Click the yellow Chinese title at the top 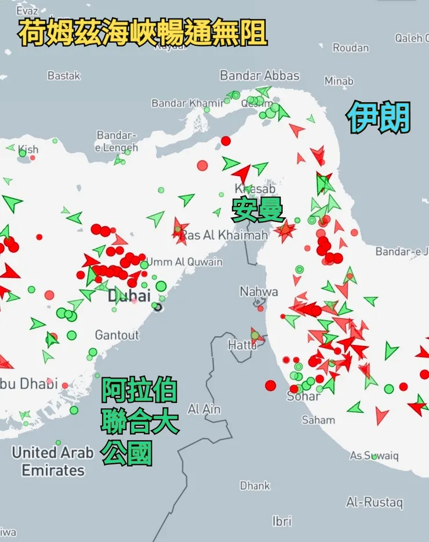click(x=143, y=33)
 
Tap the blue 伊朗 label click(x=379, y=117)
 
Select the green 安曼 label click(x=258, y=209)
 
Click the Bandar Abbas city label click(x=260, y=75)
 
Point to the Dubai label click(x=129, y=296)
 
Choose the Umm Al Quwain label click(x=184, y=262)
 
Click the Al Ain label click(x=204, y=409)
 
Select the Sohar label click(x=303, y=397)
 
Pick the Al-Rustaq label click(x=374, y=502)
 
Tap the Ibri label click(x=282, y=521)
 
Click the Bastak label click(x=64, y=76)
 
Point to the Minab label click(x=339, y=81)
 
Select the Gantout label click(x=117, y=335)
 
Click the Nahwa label click(x=259, y=292)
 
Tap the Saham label click(x=318, y=420)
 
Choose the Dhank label click(x=255, y=486)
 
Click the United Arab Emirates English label click(x=53, y=461)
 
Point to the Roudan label click(x=350, y=48)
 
